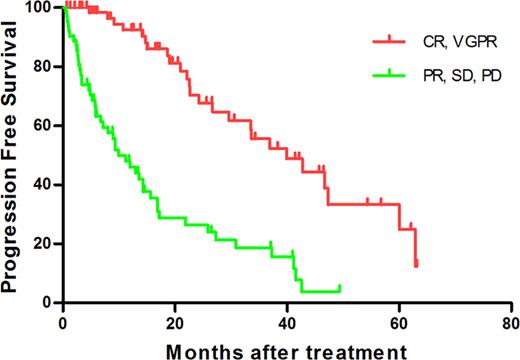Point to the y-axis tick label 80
click(x=44, y=67)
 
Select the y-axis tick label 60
click(x=44, y=126)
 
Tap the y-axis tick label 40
click(x=44, y=185)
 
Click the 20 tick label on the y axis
click(x=44, y=243)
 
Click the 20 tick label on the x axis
click(x=175, y=322)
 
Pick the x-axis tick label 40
click(x=287, y=322)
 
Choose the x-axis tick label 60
click(x=399, y=322)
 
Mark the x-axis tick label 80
click(x=511, y=322)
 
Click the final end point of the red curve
click(x=416, y=265)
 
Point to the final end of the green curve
click(x=340, y=287)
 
